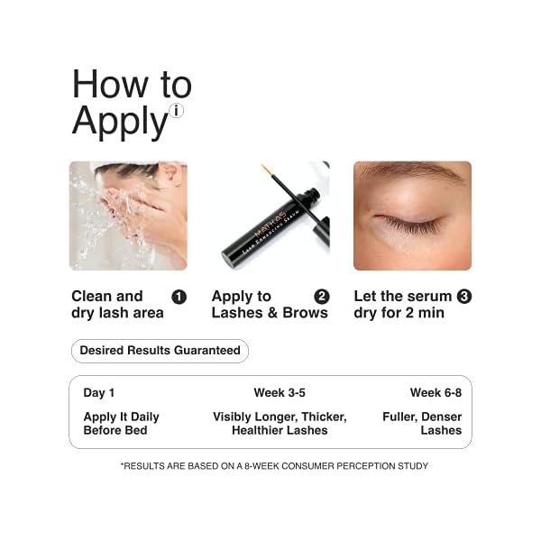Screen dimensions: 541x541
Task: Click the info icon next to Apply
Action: pyautogui.click(x=176, y=111)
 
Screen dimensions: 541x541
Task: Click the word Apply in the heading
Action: pyautogui.click(x=120, y=121)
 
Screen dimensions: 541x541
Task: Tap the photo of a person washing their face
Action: pyautogui.click(x=128, y=215)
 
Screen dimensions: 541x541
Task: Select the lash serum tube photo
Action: pyautogui.click(x=270, y=215)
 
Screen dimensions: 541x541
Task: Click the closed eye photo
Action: pyautogui.click(x=412, y=215)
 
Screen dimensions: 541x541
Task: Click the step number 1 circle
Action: pyautogui.click(x=179, y=297)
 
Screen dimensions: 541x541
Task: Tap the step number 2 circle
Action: pyautogui.click(x=321, y=297)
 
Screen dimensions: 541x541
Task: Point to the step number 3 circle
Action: pyautogui.click(x=464, y=296)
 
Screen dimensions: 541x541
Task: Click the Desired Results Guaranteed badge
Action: pyautogui.click(x=160, y=350)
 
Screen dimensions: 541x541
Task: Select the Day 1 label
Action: pyautogui.click(x=99, y=392)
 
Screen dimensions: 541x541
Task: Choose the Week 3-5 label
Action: pyautogui.click(x=280, y=392)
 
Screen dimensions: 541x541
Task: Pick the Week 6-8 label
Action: pyautogui.click(x=436, y=392)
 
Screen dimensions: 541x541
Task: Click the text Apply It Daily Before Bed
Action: pyautogui.click(x=121, y=424)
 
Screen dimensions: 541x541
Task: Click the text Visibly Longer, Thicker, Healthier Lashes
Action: pyautogui.click(x=280, y=424)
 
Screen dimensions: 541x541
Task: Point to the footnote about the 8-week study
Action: pyautogui.click(x=274, y=466)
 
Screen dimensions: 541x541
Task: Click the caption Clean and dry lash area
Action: pyautogui.click(x=117, y=305)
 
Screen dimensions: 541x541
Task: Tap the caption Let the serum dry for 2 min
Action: pyautogui.click(x=403, y=305)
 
